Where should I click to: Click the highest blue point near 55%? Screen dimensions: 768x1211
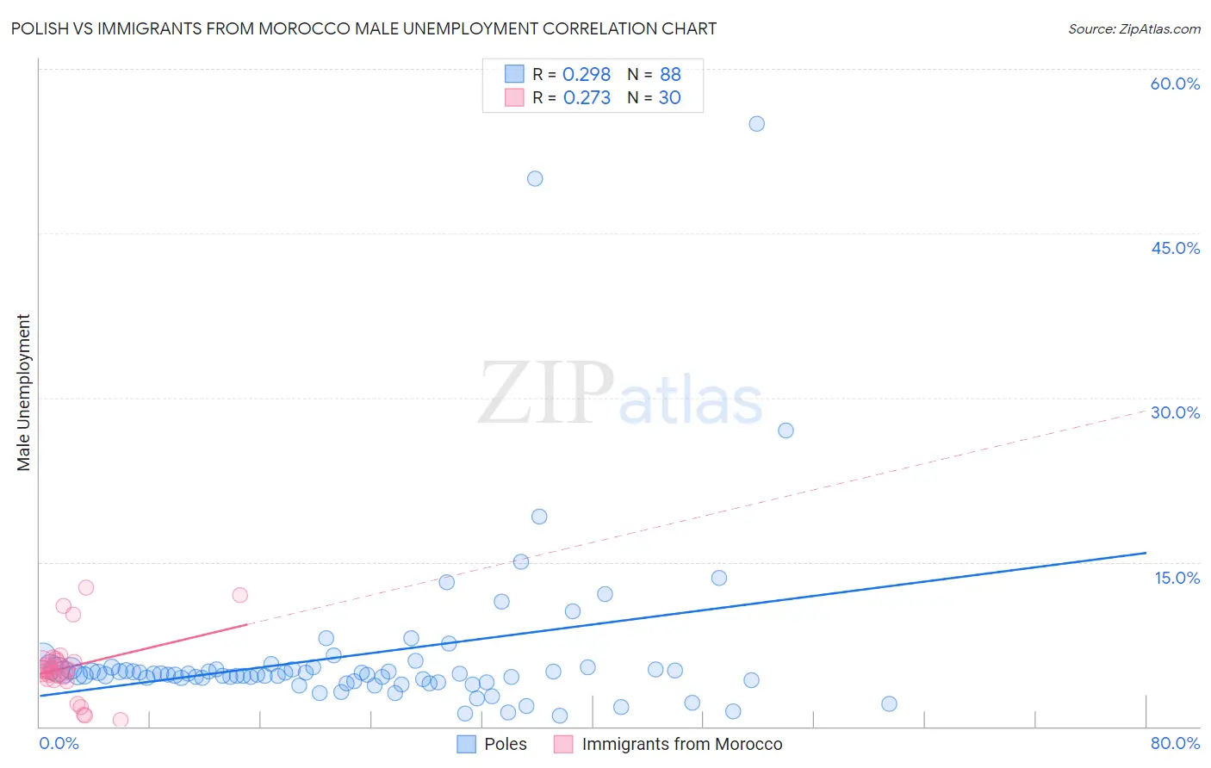click(756, 124)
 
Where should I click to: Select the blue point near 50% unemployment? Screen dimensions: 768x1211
click(535, 179)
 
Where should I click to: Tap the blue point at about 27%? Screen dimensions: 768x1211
click(786, 430)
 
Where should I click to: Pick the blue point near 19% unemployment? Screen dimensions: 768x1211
click(539, 517)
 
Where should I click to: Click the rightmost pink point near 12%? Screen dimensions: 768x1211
click(240, 595)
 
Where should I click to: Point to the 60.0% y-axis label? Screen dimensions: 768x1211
click(1175, 84)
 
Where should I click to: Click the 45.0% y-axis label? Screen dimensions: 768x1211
click(1175, 248)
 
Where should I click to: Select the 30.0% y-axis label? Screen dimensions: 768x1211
click(1175, 412)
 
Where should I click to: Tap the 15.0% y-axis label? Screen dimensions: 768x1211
click(1177, 578)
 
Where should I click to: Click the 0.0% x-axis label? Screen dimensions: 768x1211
click(59, 743)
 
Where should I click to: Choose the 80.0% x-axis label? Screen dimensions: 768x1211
click(1175, 743)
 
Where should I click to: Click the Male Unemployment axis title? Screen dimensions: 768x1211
click(24, 393)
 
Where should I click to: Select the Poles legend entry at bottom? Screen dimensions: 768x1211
click(505, 744)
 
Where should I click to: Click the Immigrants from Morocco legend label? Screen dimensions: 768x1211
click(681, 744)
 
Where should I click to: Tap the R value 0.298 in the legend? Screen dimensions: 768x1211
click(587, 75)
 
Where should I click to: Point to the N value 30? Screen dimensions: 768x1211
click(669, 98)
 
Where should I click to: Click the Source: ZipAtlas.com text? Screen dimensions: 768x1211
click(1133, 29)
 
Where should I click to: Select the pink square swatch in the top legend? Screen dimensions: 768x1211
click(514, 97)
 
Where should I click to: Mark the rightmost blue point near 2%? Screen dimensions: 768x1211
click(889, 704)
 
